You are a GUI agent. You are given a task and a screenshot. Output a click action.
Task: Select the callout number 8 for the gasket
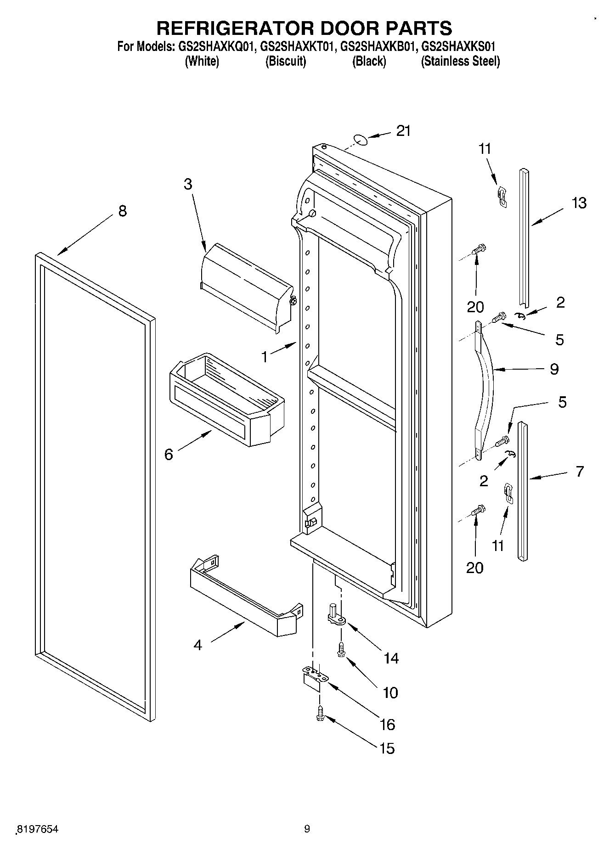[122, 211]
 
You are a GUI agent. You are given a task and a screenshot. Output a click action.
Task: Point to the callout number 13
[579, 202]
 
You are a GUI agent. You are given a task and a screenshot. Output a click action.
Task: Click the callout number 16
[388, 724]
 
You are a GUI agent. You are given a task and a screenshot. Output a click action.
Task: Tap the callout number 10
[390, 692]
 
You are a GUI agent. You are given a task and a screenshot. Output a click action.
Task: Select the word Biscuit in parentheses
[286, 62]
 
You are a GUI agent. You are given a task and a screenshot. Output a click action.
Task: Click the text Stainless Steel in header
[460, 62]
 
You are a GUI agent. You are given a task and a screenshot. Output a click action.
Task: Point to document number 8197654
[38, 829]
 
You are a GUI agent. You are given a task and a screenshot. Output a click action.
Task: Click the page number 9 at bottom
[307, 829]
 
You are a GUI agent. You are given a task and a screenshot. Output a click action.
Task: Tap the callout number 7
[580, 471]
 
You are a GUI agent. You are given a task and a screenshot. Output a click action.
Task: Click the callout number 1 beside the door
[265, 357]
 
